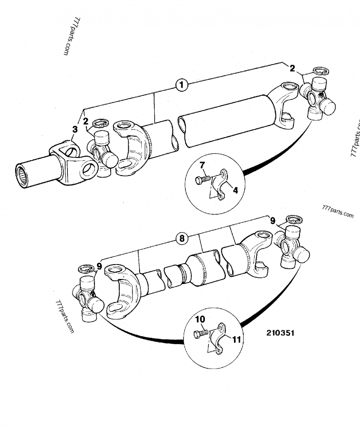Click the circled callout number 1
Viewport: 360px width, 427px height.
pyautogui.click(x=181, y=85)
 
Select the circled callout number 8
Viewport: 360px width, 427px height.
pyautogui.click(x=182, y=239)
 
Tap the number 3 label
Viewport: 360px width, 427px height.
pyautogui.click(x=75, y=129)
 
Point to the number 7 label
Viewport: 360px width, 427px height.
pyautogui.click(x=202, y=166)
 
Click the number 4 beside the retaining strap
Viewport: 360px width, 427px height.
pyautogui.click(x=235, y=190)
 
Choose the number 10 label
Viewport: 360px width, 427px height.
pyautogui.click(x=200, y=319)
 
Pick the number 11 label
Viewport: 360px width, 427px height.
pyautogui.click(x=236, y=340)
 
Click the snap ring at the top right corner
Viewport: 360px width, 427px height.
pyautogui.click(x=321, y=71)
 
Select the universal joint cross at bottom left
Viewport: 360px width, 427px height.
pyautogui.click(x=89, y=298)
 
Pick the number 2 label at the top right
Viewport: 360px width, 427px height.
pyautogui.click(x=292, y=68)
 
